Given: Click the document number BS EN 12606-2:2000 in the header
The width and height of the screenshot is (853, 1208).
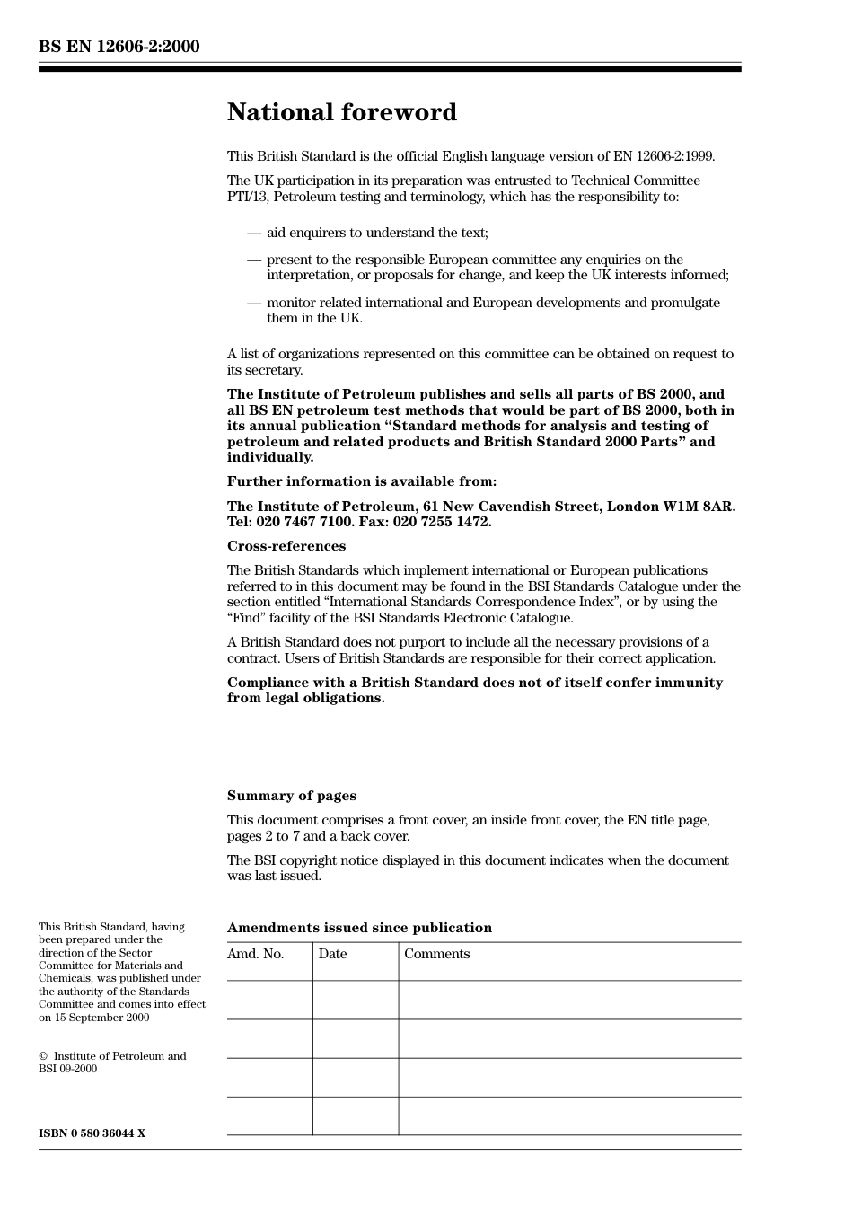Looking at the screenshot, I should pyautogui.click(x=119, y=47).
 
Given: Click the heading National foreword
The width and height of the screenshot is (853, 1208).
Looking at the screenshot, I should pyautogui.click(x=341, y=112).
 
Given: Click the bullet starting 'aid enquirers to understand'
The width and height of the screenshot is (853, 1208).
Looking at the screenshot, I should pyautogui.click(x=377, y=233).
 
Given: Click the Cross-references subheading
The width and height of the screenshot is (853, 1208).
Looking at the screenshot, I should pyautogui.click(x=286, y=546).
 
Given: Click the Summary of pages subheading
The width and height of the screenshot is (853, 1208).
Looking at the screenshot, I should pyautogui.click(x=291, y=796).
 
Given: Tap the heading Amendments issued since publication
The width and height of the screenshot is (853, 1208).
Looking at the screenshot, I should pyautogui.click(x=359, y=928).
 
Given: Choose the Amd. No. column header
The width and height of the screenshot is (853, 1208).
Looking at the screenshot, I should pyautogui.click(x=255, y=954).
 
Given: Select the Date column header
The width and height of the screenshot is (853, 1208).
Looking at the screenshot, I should pyautogui.click(x=332, y=954).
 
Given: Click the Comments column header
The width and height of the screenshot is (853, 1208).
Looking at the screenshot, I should pyautogui.click(x=436, y=954).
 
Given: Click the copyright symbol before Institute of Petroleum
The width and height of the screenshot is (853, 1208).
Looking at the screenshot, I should pyautogui.click(x=43, y=1056).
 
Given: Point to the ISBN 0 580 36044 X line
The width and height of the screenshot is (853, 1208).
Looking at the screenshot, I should pyautogui.click(x=92, y=1133).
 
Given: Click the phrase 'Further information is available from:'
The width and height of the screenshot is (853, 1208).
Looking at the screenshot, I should pyautogui.click(x=361, y=481).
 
